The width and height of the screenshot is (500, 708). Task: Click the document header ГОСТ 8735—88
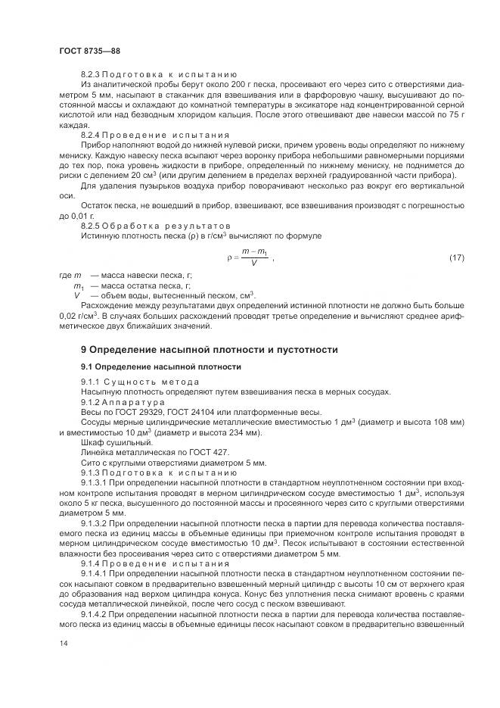[x=89, y=51]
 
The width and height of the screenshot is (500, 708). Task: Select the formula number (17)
[x=456, y=259]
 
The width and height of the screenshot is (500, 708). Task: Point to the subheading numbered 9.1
[x=161, y=367]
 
